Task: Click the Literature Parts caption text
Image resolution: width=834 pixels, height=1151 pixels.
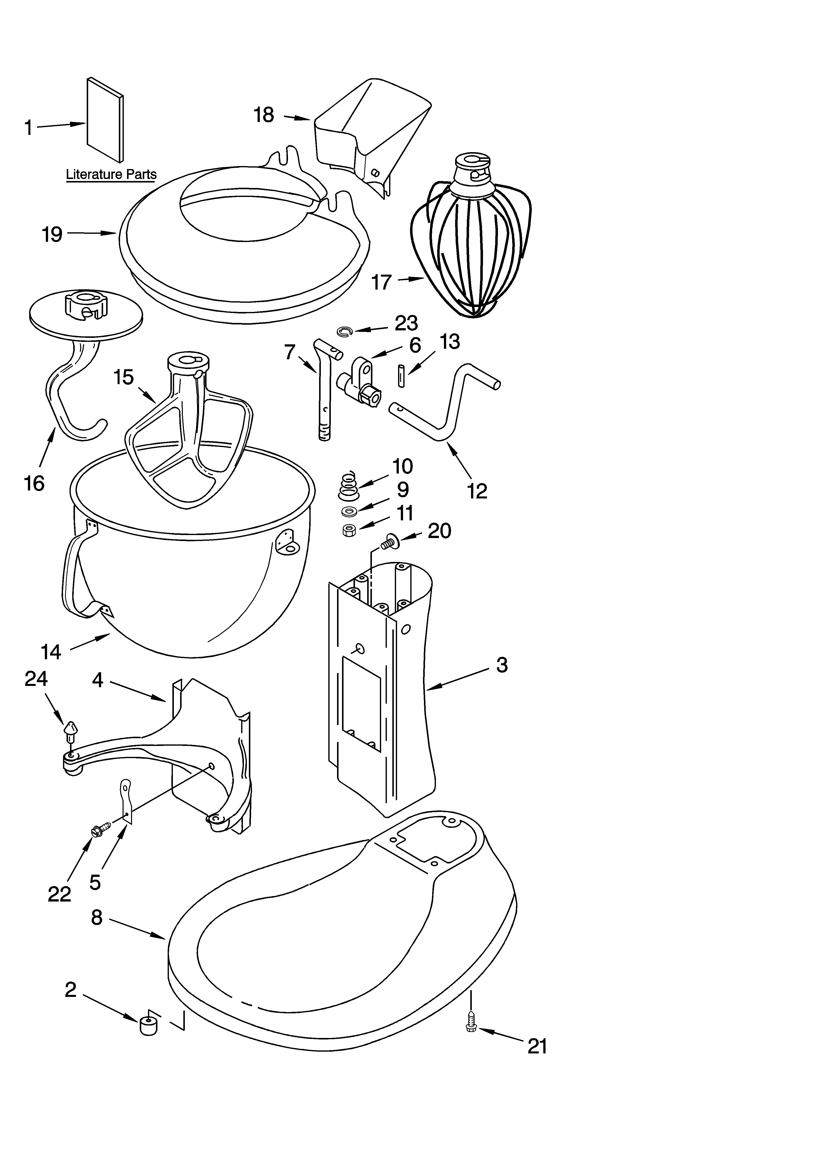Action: pyautogui.click(x=111, y=175)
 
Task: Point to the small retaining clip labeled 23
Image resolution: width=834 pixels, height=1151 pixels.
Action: pyautogui.click(x=344, y=332)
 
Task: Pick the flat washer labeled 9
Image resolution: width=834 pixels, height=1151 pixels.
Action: pyautogui.click(x=349, y=510)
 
